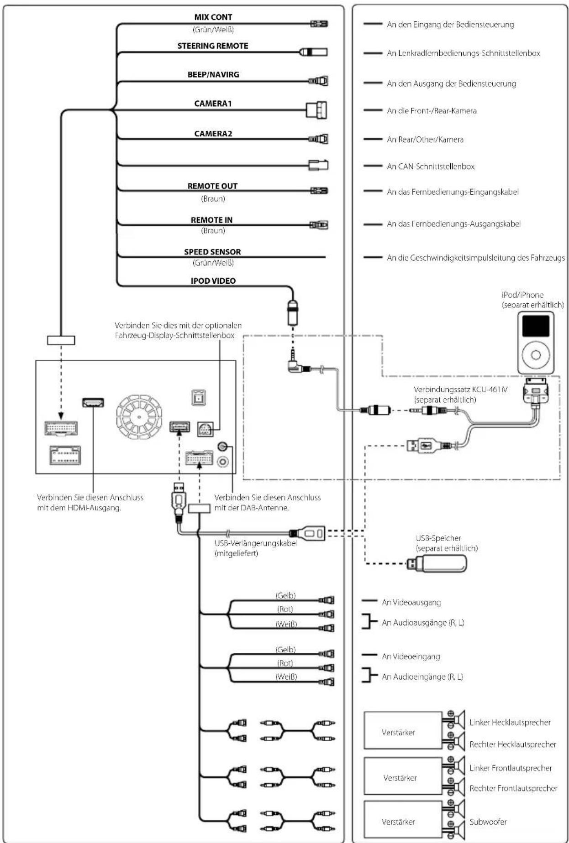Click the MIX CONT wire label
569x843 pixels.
pyautogui.click(x=213, y=17)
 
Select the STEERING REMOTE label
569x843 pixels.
pyautogui.click(x=213, y=46)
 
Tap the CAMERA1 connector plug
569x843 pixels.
pyautogui.click(x=316, y=110)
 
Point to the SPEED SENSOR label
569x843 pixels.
pyautogui.click(x=212, y=252)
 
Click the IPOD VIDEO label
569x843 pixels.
pyautogui.click(x=213, y=281)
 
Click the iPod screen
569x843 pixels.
pyautogui.click(x=536, y=326)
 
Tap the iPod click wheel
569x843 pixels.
pyautogui.click(x=536, y=355)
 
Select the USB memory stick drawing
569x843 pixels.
pyautogui.click(x=437, y=564)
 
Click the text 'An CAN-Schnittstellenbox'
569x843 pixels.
pyautogui.click(x=431, y=167)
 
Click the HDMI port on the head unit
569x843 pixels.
pyautogui.click(x=93, y=402)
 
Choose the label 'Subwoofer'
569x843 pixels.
pyautogui.click(x=488, y=822)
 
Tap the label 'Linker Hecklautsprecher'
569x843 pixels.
pyautogui.click(x=510, y=722)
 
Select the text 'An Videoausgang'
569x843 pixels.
pyautogui.click(x=411, y=602)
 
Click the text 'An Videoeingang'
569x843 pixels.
pyautogui.click(x=411, y=656)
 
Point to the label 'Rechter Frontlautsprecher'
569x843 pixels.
pyautogui.click(x=513, y=788)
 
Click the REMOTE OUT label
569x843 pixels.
pyautogui.click(x=212, y=186)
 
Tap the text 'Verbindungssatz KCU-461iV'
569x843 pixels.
pyautogui.click(x=460, y=390)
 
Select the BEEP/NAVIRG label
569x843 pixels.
pyautogui.click(x=213, y=75)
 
